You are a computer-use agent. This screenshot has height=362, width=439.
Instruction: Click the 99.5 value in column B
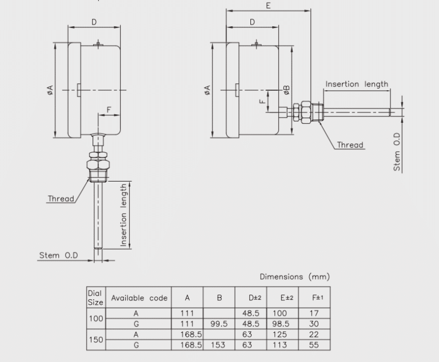click(219, 324)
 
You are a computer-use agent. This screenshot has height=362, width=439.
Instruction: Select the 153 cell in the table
click(219, 345)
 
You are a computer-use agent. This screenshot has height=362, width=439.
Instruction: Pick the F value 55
click(313, 345)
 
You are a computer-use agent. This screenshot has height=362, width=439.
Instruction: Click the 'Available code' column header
click(139, 297)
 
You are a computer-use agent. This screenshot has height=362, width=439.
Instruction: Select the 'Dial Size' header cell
click(95, 297)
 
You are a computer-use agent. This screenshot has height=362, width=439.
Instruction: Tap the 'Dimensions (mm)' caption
click(294, 277)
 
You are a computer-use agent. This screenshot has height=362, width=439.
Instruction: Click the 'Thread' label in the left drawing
click(61, 199)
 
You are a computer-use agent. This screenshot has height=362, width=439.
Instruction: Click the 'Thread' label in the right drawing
click(350, 145)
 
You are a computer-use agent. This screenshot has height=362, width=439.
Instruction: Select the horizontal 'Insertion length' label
click(357, 84)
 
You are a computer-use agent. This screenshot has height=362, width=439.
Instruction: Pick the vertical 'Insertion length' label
click(124, 215)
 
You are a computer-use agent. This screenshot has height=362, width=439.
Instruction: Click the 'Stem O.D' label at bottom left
click(58, 255)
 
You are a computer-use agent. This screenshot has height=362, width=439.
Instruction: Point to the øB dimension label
click(287, 90)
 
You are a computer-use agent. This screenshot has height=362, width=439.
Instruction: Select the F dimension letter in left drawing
click(109, 109)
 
